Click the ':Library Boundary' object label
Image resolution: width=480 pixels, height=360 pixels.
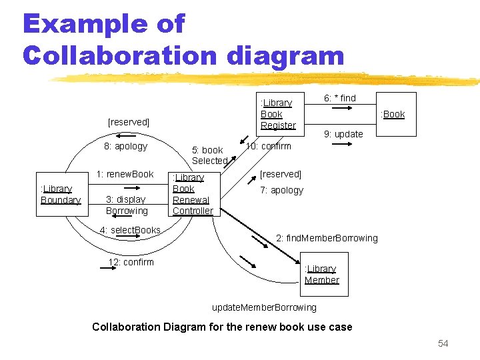coord(60,194)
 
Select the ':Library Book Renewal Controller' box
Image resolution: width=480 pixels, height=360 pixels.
coord(193,194)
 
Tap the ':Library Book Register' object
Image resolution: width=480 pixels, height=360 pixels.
coord(278,114)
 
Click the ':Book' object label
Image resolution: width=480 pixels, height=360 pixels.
coord(393,114)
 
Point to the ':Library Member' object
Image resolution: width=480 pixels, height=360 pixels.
coord(321,274)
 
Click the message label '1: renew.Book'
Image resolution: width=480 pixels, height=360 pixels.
coord(125,174)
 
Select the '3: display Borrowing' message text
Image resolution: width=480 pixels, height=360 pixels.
coord(127,205)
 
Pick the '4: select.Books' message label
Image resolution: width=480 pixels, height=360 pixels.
coord(130,230)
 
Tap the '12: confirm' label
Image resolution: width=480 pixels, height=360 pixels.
coord(131,262)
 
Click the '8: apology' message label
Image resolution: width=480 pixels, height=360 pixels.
coord(125,146)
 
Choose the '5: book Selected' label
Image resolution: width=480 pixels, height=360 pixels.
coord(209,155)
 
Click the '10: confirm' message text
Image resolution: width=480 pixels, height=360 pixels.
coord(269,146)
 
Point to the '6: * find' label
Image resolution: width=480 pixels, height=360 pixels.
coord(340,98)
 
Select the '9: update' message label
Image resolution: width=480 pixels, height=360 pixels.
coord(343,134)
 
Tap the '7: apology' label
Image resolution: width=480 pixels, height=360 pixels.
coord(281,190)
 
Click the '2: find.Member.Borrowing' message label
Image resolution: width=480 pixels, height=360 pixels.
coord(327,238)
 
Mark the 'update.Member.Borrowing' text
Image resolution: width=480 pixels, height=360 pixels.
coord(264,307)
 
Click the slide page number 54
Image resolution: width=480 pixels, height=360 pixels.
coord(443,343)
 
